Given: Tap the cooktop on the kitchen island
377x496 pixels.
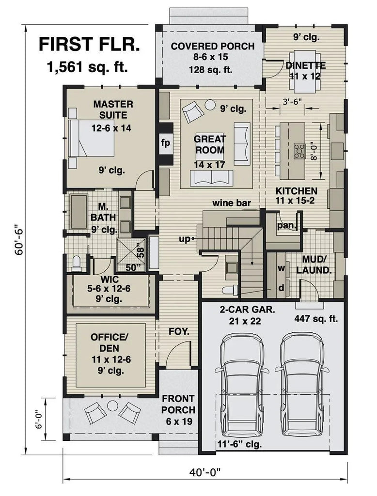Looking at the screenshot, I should coord(298,148).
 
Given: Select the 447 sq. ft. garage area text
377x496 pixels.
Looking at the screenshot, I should coord(316,319).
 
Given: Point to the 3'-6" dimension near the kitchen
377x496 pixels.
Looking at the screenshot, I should coord(293,102).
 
